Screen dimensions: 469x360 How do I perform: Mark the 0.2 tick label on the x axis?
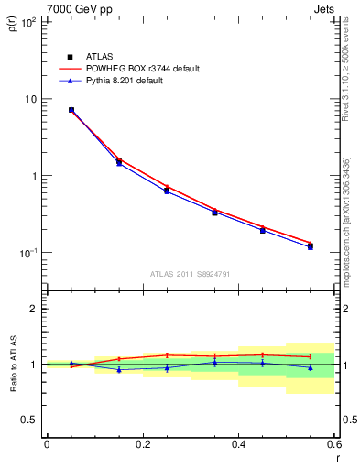coord(142,443)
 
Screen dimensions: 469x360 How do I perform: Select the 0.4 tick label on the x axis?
coord(238,443)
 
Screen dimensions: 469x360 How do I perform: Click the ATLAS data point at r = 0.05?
coord(71,110)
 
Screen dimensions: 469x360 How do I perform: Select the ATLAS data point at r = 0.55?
coord(311,246)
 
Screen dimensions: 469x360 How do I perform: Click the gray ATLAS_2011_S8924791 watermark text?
coord(191,273)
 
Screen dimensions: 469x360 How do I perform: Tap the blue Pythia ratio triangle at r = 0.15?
coord(119,370)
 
